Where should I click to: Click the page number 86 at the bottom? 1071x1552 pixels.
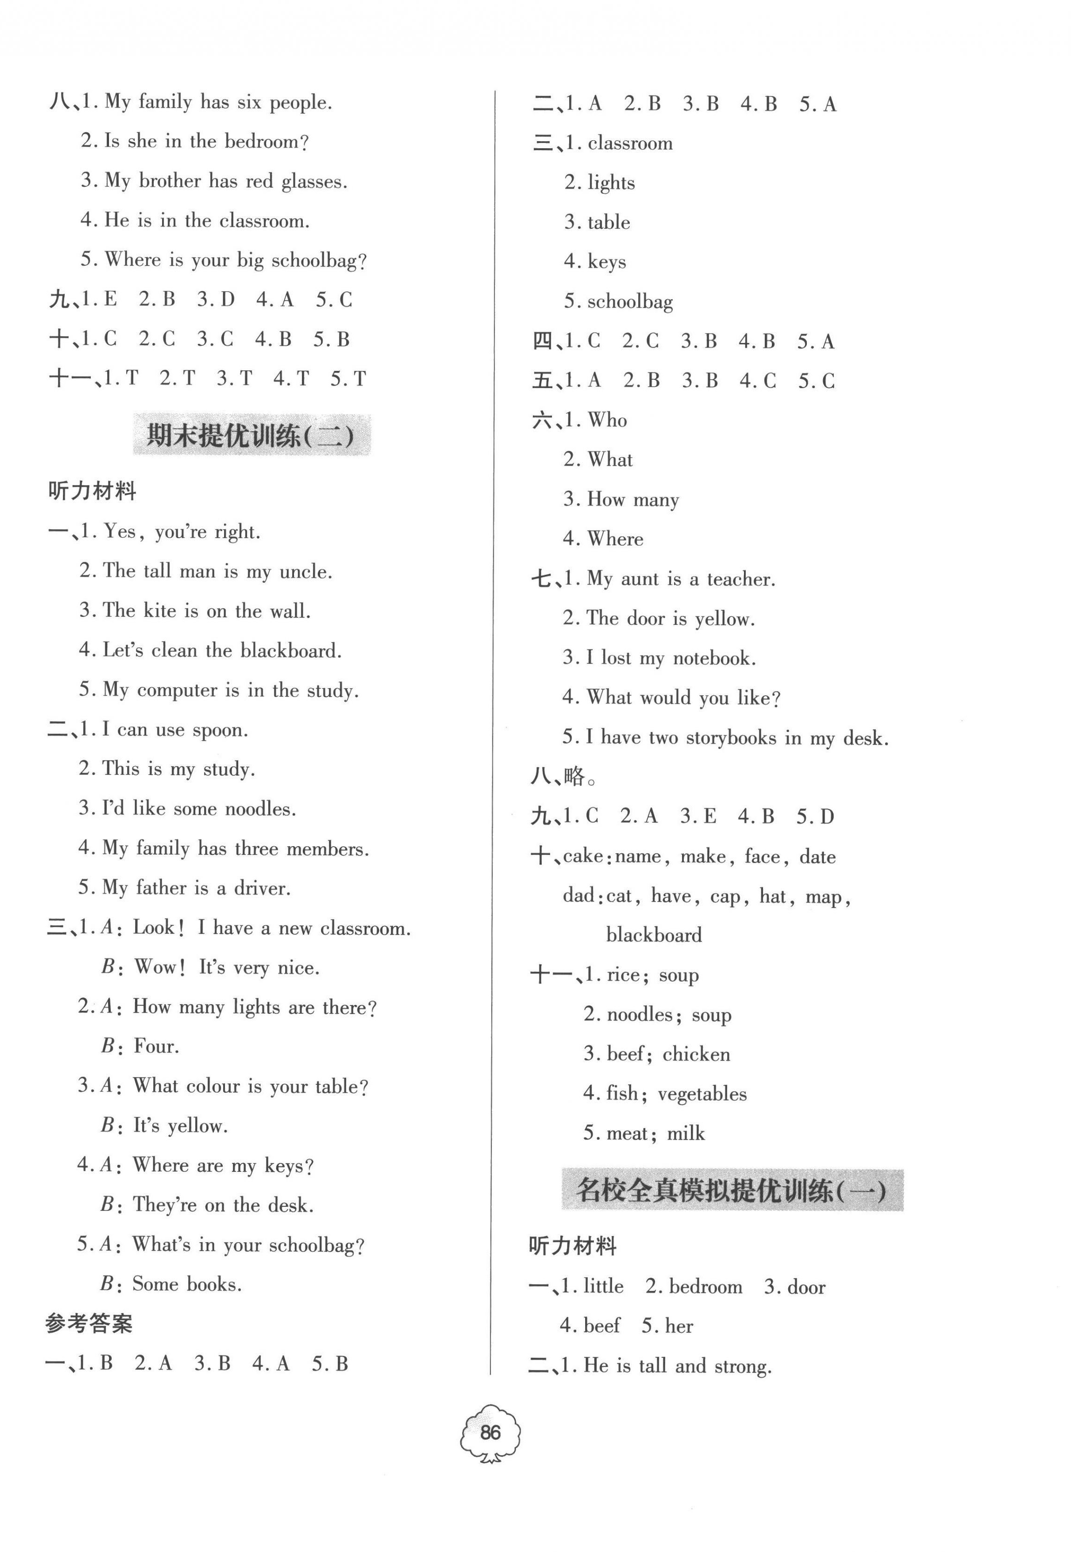tap(490, 1433)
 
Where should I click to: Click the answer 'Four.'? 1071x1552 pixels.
tap(157, 1046)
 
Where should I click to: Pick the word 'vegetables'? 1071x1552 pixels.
tap(702, 1094)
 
